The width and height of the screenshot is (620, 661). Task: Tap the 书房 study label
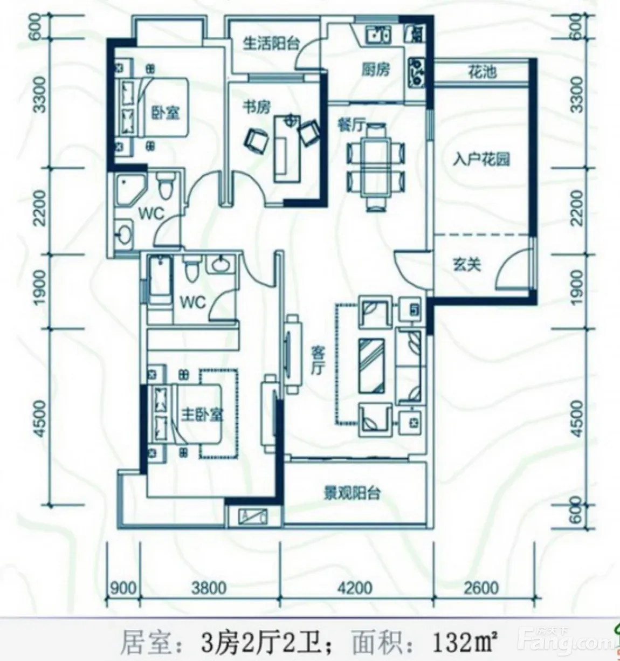(256, 107)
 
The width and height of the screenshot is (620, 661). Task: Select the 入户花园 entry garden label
(481, 159)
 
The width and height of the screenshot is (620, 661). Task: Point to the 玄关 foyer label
(467, 265)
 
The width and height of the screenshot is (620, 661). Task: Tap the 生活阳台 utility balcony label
(271, 43)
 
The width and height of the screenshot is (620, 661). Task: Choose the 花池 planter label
(482, 72)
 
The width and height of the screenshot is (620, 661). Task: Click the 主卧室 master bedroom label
(202, 415)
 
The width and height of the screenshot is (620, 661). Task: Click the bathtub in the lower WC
(160, 279)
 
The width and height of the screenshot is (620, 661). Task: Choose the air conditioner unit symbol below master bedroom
(253, 517)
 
